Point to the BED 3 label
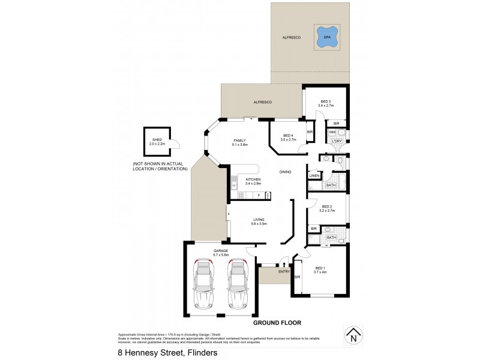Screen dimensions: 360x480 coord(326,101)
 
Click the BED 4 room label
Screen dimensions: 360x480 coord(288,135)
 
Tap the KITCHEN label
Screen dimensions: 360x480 coord(253,179)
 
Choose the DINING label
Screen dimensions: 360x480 coord(286,172)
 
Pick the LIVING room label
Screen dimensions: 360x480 coord(259,220)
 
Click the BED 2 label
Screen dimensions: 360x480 coord(326,206)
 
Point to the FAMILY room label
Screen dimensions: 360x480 coord(240,141)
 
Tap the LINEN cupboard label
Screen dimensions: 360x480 coord(314,175)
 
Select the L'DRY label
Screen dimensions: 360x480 coord(337,142)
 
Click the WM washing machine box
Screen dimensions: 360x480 coord(332,132)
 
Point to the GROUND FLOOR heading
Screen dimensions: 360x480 coord(277,323)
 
